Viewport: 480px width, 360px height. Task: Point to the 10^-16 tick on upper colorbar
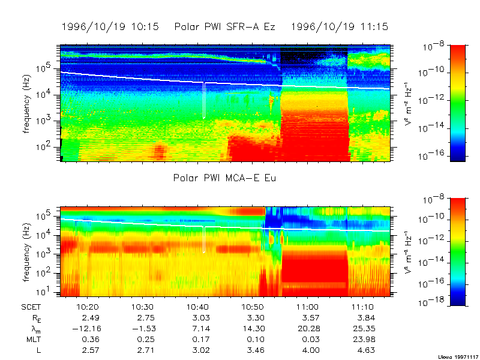click(434, 154)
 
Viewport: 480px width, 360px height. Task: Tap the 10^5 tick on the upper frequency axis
click(48, 68)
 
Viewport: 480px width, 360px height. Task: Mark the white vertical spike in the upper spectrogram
click(203, 100)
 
